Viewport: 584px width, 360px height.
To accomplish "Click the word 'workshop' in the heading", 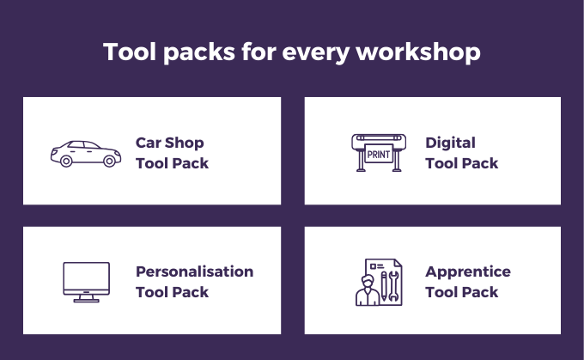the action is pos(418,52).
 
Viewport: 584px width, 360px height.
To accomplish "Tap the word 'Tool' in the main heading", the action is pos(130,52).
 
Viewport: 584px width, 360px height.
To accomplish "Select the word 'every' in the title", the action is pos(316,53).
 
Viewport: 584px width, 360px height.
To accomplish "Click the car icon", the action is pos(86,154).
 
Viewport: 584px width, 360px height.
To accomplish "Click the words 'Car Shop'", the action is pos(169,143).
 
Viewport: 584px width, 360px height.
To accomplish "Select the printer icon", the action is pos(379,153).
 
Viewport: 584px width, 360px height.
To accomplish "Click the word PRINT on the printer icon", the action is pos(379,155).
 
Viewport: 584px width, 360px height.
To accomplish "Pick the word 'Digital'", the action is pos(450,143).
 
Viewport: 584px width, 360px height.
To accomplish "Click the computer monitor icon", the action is pos(87,282).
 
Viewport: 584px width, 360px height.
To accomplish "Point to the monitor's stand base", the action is pos(87,301).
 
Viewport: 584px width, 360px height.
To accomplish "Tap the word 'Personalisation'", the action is pos(194,272).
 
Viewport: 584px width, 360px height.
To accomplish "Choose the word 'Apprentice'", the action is pos(468,272).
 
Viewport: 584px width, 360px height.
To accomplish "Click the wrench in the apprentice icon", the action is pos(393,286).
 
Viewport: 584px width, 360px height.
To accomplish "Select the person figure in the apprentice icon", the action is pos(368,290).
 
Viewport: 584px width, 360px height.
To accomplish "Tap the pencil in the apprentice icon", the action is pos(384,286).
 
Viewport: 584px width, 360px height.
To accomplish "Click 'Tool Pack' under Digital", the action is pos(461,163).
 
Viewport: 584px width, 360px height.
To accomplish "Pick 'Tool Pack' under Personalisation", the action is pos(172,292).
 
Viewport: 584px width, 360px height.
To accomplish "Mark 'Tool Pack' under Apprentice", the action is pos(461,292).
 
